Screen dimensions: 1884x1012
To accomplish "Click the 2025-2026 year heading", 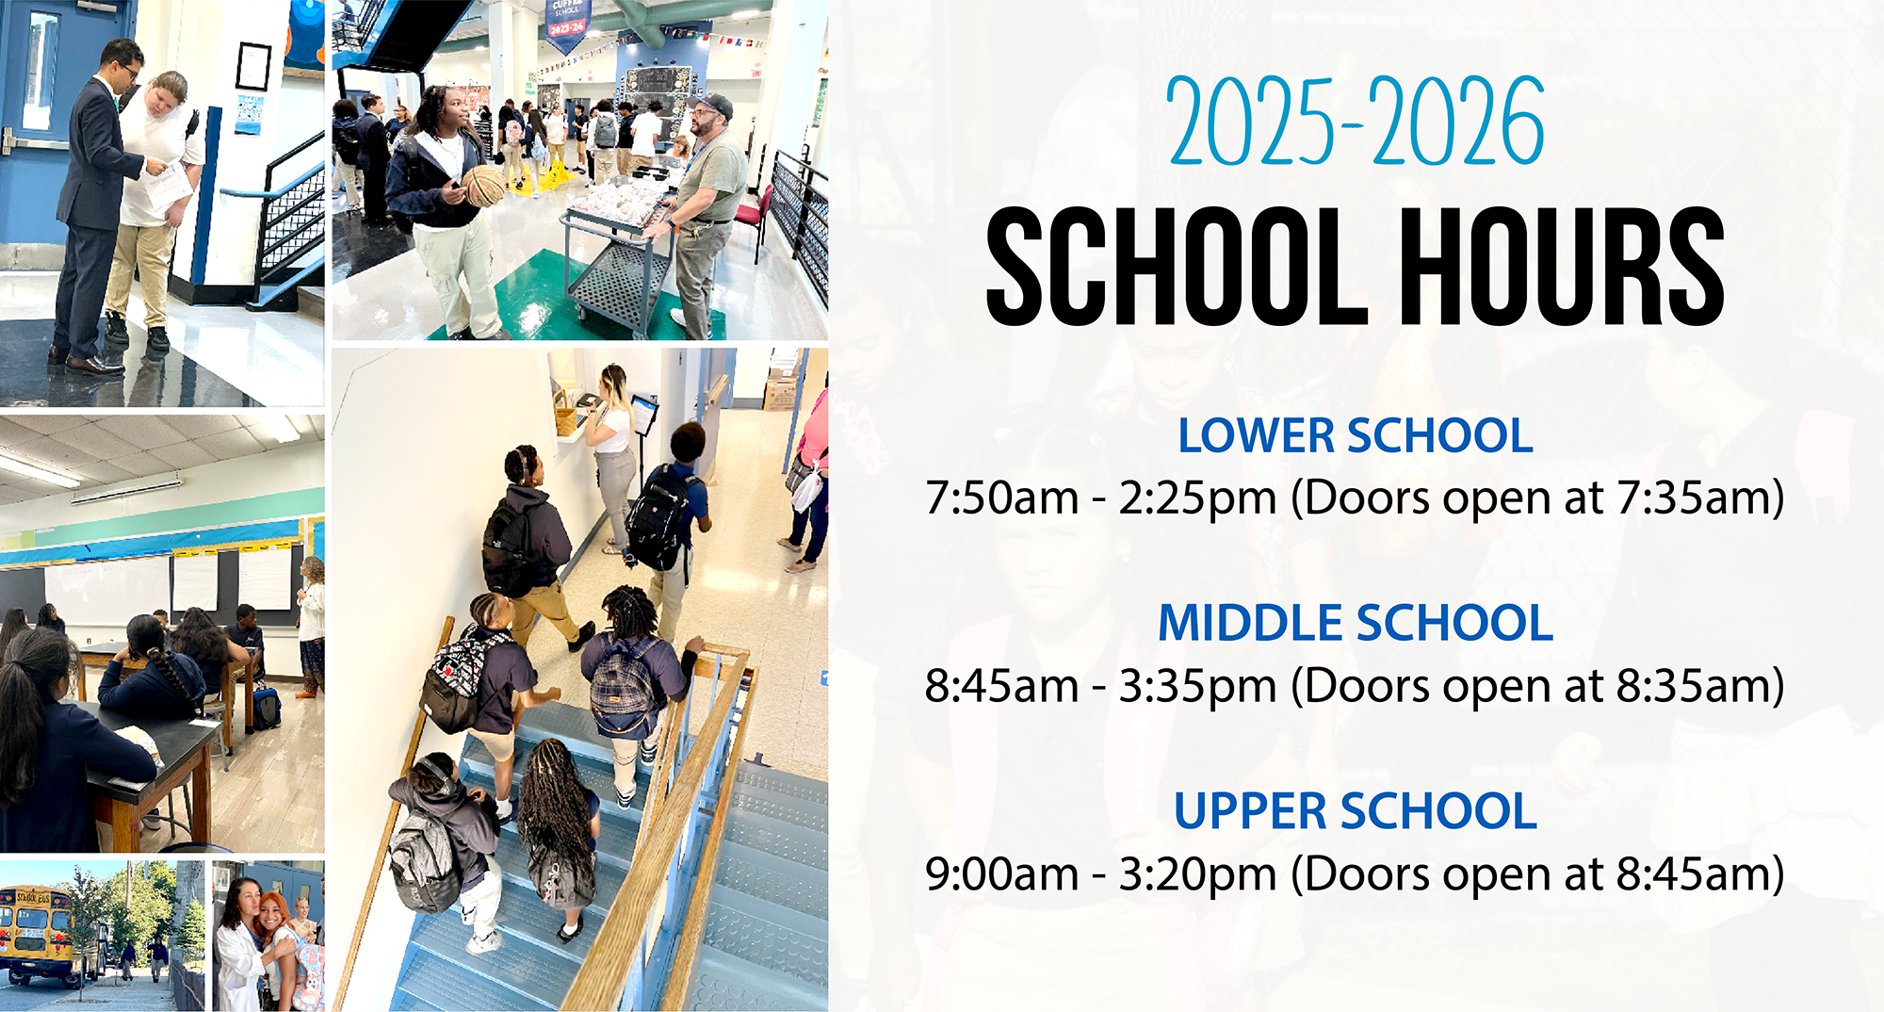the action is (x=1356, y=121).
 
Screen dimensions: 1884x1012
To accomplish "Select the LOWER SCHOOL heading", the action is (x=1356, y=435).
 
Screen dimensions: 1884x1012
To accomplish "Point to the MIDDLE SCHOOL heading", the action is (x=1356, y=623).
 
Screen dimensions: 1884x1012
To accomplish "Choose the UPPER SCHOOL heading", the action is (x=1356, y=811).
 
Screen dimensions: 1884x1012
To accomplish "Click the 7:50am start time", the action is (x=1001, y=498).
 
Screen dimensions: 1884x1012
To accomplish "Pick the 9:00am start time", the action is (x=1001, y=873).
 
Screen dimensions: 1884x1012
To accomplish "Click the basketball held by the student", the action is (x=486, y=186).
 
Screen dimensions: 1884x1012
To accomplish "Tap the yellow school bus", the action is (x=38, y=933).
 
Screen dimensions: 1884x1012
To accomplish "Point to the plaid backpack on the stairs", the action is (x=622, y=688).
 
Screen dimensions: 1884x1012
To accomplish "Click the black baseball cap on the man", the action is (x=713, y=105).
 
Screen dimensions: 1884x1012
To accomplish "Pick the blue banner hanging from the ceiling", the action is (x=568, y=24).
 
